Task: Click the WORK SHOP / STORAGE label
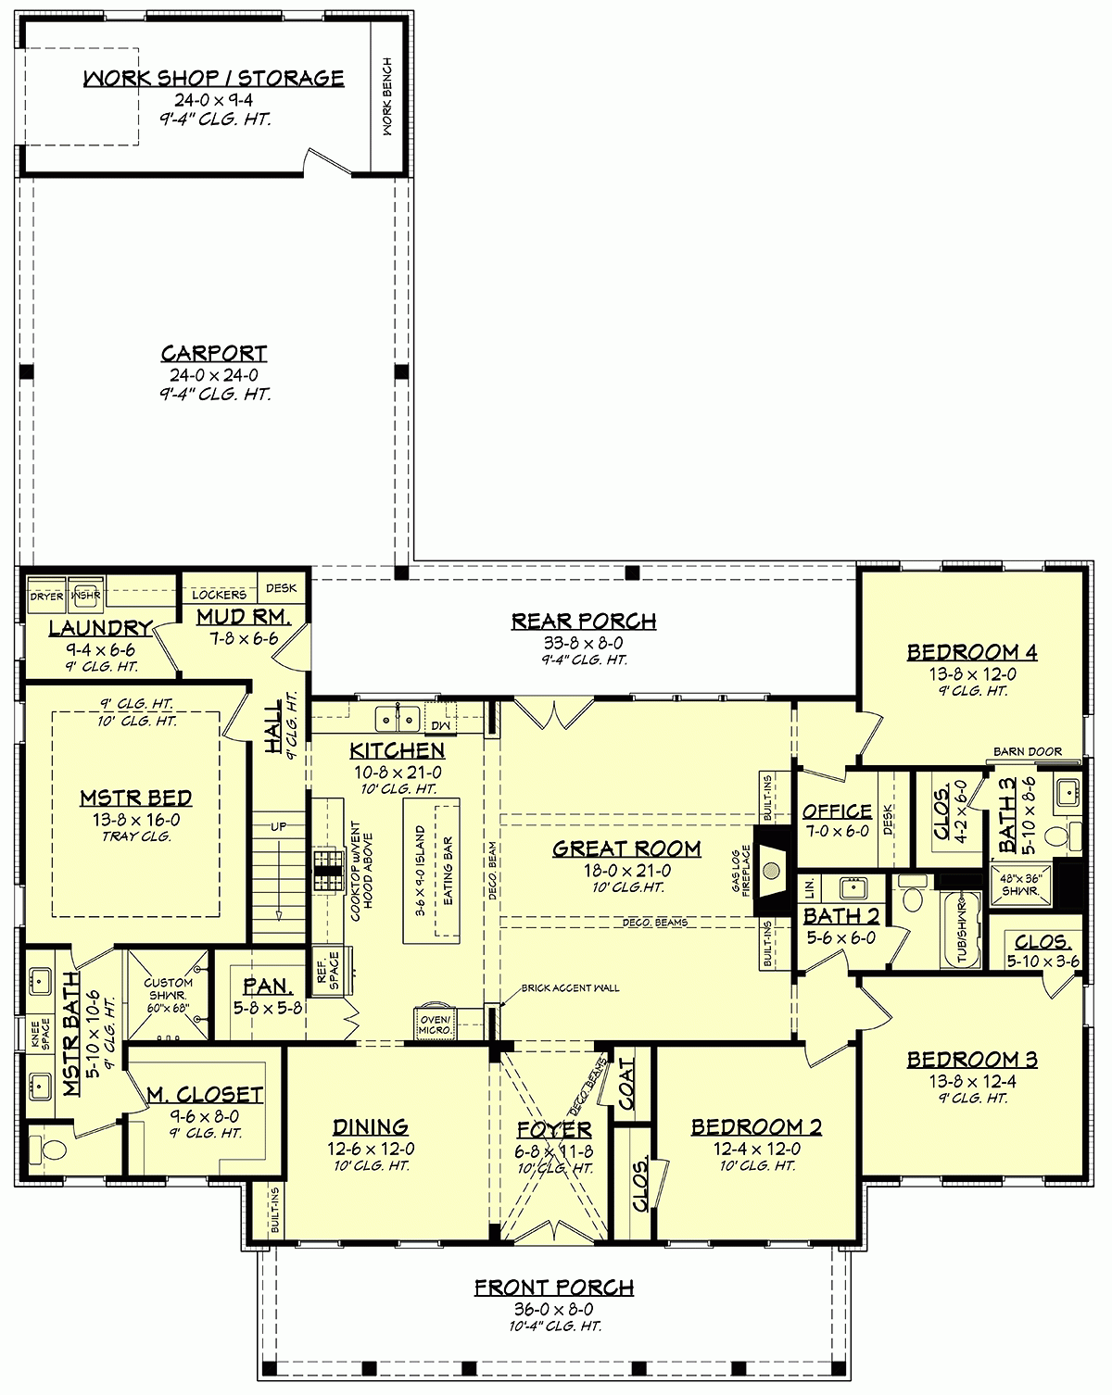click(x=213, y=78)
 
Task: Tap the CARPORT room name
click(x=214, y=353)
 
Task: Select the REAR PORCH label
click(x=584, y=621)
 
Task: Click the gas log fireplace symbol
click(x=770, y=869)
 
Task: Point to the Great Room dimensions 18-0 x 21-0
click(x=626, y=871)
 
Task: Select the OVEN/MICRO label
click(x=435, y=1024)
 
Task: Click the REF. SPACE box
click(x=328, y=969)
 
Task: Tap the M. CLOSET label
click(x=205, y=1095)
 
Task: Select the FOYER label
click(x=554, y=1130)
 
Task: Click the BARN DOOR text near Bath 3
click(x=1028, y=751)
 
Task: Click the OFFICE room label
click(x=837, y=811)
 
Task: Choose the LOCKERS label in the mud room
click(x=221, y=594)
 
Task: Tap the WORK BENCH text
click(x=387, y=96)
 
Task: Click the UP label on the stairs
click(x=279, y=826)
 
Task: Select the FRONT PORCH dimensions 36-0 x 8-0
click(x=554, y=1310)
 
